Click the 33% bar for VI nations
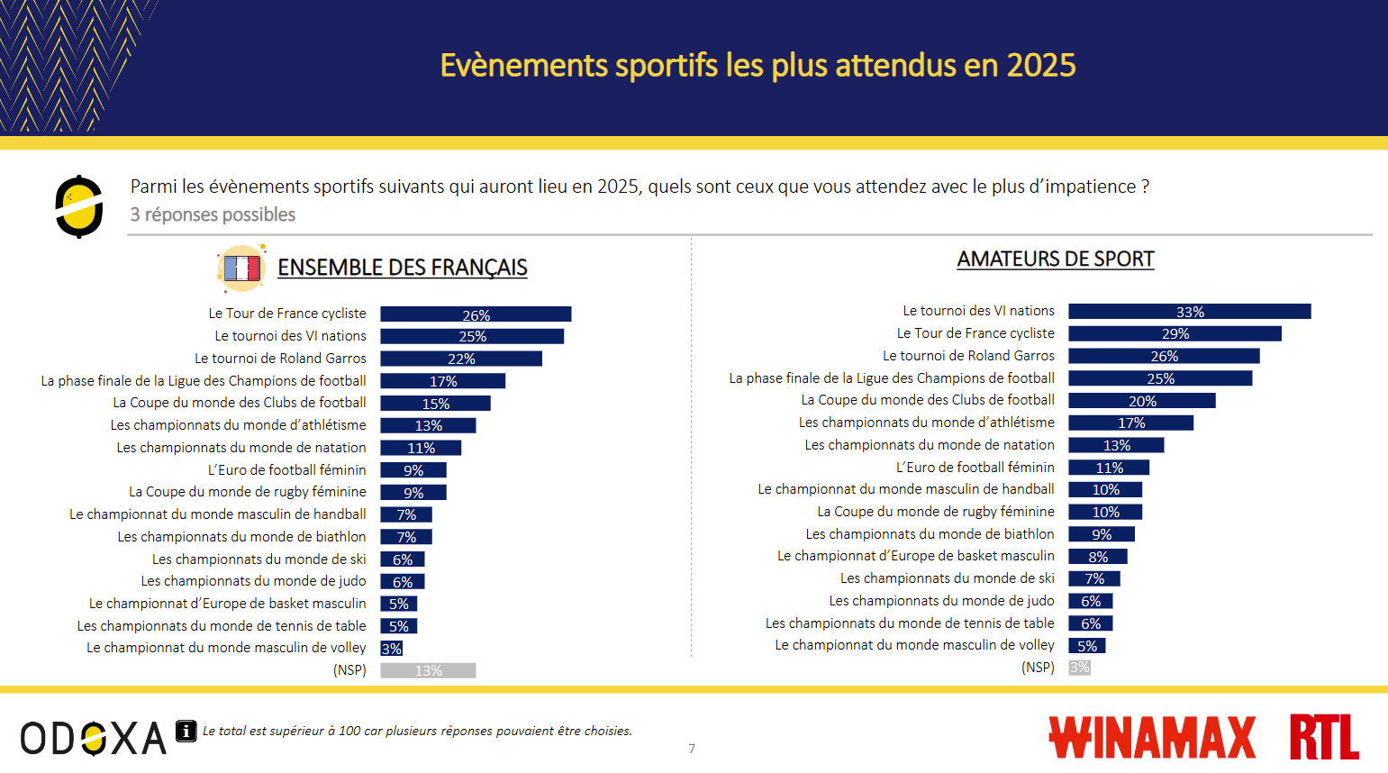pyautogui.click(x=1189, y=312)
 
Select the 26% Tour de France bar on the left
pyautogui.click(x=476, y=314)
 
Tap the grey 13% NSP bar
pyautogui.click(x=428, y=670)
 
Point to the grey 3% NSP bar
pyautogui.click(x=1079, y=668)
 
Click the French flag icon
pyautogui.click(x=241, y=268)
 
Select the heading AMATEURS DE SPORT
pyautogui.click(x=1055, y=259)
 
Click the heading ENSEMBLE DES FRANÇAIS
pyautogui.click(x=402, y=268)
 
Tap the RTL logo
pyautogui.click(x=1323, y=737)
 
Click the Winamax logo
pyautogui.click(x=1152, y=738)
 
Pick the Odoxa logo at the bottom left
pyautogui.click(x=94, y=739)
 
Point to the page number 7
pyautogui.click(x=692, y=749)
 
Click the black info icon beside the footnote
pyautogui.click(x=186, y=731)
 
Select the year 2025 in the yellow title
pyautogui.click(x=1041, y=66)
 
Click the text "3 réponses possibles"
pyautogui.click(x=213, y=214)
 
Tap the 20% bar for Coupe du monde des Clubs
pyautogui.click(x=1141, y=401)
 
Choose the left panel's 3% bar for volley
pyautogui.click(x=391, y=649)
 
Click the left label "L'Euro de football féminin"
pyautogui.click(x=286, y=470)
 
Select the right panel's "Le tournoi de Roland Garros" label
pyautogui.click(x=968, y=356)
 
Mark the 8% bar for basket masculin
pyautogui.click(x=1097, y=557)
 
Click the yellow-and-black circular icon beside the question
pyautogui.click(x=79, y=206)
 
